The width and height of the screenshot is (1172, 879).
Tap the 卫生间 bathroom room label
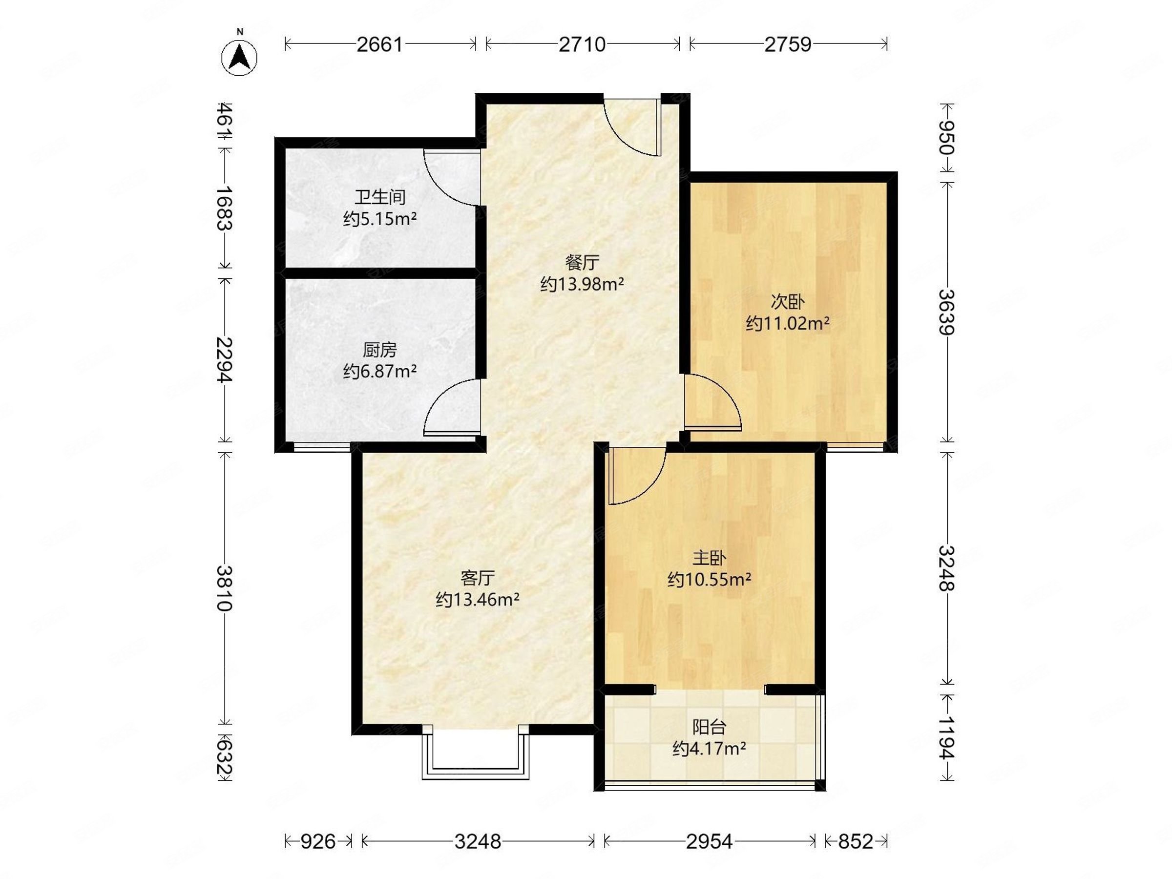[x=380, y=197]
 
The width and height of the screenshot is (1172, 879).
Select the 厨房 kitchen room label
[x=380, y=350]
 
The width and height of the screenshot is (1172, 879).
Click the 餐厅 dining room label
[x=582, y=262]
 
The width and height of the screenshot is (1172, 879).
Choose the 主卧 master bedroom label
[x=709, y=558]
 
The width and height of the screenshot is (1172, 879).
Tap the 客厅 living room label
[x=478, y=577]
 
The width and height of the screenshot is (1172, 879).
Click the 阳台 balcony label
[x=709, y=727]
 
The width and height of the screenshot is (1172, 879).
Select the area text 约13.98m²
[x=582, y=285]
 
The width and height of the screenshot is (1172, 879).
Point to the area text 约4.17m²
[x=710, y=749]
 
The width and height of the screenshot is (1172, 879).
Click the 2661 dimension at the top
[x=380, y=44]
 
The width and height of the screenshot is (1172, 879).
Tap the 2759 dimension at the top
[x=788, y=44]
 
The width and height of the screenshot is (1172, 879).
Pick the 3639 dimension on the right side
[x=947, y=312]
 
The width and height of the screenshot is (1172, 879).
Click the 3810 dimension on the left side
[x=225, y=588]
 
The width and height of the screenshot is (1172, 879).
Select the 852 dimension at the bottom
[x=855, y=841]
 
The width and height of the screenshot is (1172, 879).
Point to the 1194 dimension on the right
[x=947, y=737]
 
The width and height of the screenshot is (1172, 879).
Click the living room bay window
[x=476, y=755]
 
